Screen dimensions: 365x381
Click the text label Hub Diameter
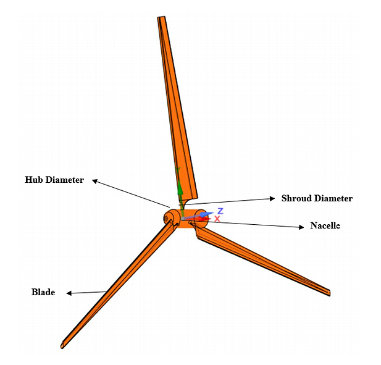click(x=54, y=180)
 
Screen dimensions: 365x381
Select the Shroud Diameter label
click(x=317, y=198)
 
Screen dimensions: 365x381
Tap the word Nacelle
click(x=325, y=226)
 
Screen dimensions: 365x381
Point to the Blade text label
click(x=43, y=292)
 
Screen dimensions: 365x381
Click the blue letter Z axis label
click(x=220, y=211)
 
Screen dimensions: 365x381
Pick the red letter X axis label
click(x=217, y=219)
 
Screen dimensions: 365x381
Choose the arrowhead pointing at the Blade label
click(x=69, y=293)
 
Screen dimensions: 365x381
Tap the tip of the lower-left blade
click(x=62, y=346)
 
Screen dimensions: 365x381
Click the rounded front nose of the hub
click(x=169, y=218)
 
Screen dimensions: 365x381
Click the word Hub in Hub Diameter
click(x=34, y=180)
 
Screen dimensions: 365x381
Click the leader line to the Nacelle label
click(x=253, y=224)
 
